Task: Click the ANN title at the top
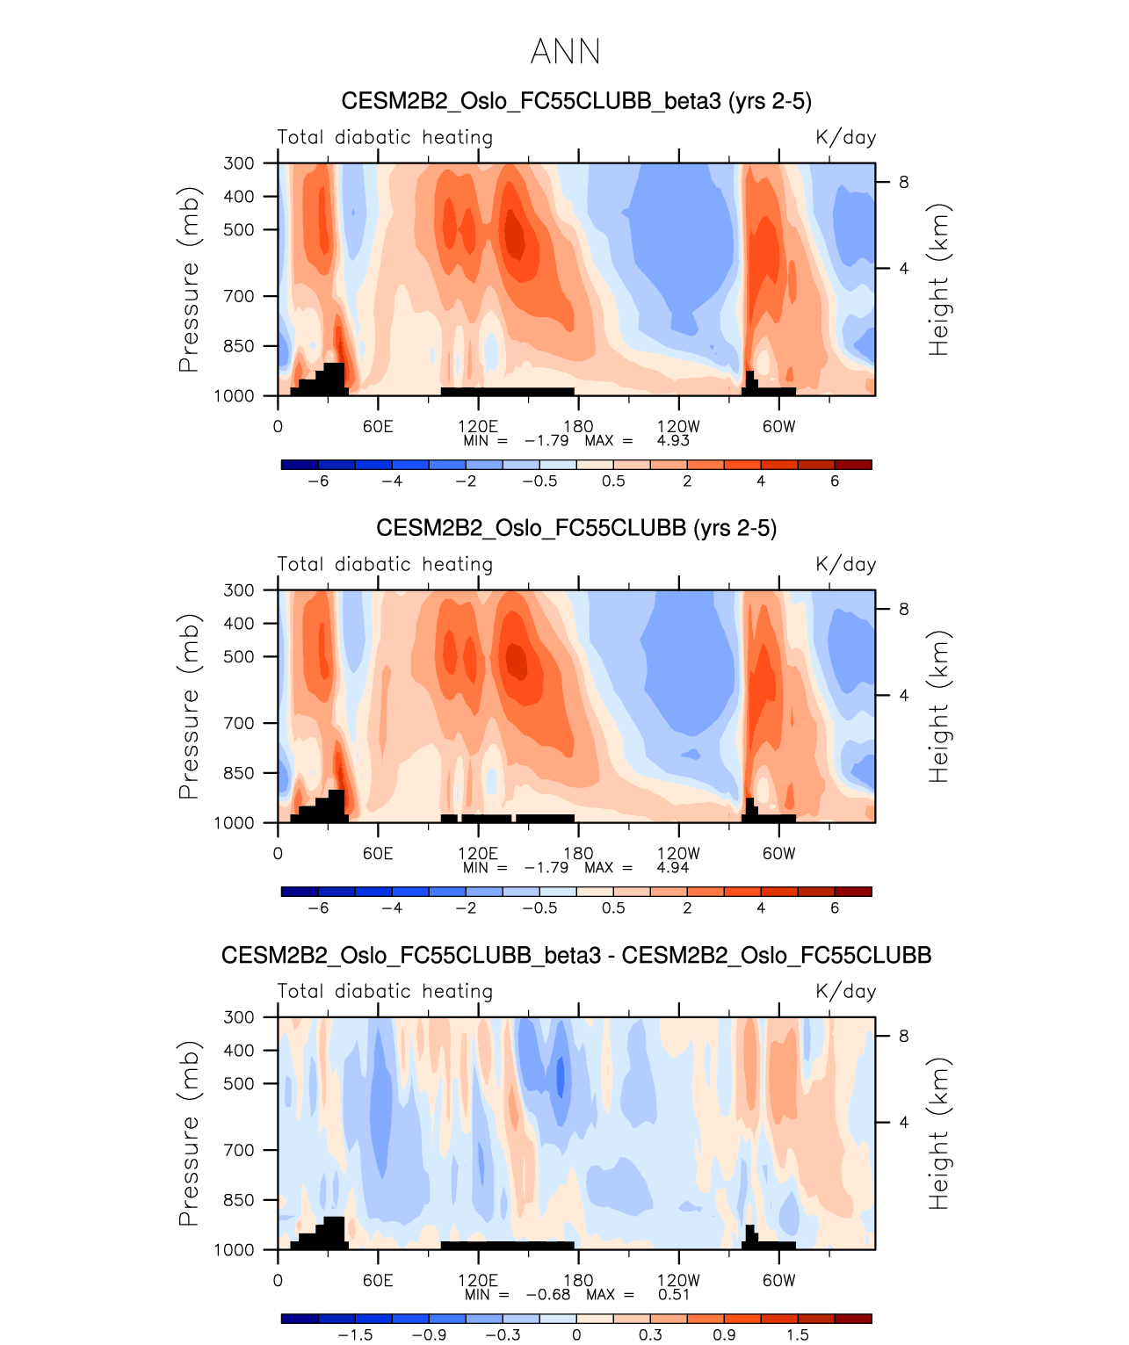point(565,53)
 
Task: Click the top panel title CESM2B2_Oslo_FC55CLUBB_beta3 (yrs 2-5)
point(576,101)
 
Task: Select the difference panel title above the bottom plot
point(576,955)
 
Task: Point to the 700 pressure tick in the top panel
point(239,296)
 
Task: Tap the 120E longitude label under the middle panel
point(478,853)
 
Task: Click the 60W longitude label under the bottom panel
point(778,1280)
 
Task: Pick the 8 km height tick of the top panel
point(903,182)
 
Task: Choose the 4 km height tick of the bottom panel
point(903,1122)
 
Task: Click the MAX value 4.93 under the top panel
point(673,440)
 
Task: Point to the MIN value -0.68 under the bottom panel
point(548,1294)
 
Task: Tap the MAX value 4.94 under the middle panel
point(673,867)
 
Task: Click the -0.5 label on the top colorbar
point(539,481)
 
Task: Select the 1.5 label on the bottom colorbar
point(798,1334)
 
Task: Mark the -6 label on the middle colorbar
point(318,908)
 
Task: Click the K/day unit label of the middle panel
point(845,564)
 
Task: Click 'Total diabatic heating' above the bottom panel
point(385,991)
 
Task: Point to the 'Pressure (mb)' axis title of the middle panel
point(189,706)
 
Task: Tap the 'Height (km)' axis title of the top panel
point(939,279)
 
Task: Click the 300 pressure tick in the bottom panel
point(239,1016)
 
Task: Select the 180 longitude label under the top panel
point(578,426)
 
